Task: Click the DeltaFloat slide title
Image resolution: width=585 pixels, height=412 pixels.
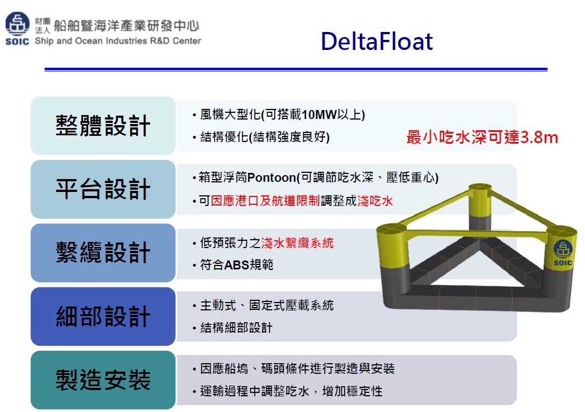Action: click(x=377, y=41)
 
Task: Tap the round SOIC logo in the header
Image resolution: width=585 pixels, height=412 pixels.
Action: click(x=17, y=24)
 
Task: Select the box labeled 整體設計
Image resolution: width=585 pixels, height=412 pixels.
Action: click(x=103, y=126)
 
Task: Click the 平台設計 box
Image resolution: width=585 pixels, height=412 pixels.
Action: click(x=103, y=189)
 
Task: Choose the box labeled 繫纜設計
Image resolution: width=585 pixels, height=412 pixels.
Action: click(x=103, y=253)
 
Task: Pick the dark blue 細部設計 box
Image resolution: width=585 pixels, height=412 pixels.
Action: click(x=103, y=317)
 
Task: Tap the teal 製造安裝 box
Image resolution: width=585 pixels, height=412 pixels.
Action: click(x=103, y=380)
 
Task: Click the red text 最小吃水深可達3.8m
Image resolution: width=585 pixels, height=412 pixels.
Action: click(x=482, y=137)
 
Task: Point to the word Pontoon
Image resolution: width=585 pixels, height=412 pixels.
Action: click(x=272, y=177)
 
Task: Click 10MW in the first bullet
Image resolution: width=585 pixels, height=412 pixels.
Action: click(x=319, y=115)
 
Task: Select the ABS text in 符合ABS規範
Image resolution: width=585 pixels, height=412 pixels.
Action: click(x=236, y=265)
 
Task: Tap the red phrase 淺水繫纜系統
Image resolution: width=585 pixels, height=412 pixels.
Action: click(x=298, y=243)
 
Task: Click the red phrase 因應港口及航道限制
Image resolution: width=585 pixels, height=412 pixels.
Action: click(x=265, y=201)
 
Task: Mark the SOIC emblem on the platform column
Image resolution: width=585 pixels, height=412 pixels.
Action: click(x=563, y=253)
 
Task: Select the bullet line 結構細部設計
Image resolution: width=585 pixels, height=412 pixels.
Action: click(x=236, y=328)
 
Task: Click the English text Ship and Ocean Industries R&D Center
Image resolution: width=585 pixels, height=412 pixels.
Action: click(x=118, y=40)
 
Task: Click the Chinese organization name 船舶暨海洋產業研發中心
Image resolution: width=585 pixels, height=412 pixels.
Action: click(x=126, y=25)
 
